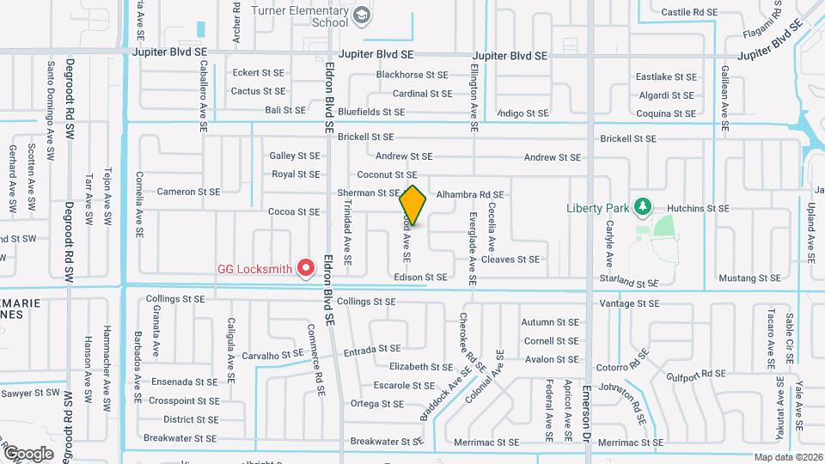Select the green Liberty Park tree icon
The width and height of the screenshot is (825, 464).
tap(641, 207)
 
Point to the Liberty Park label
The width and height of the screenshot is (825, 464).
tap(598, 208)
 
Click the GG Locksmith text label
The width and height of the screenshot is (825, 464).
tap(255, 269)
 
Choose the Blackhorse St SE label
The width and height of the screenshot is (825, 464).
tap(412, 76)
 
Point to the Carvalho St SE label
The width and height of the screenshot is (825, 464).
tap(272, 354)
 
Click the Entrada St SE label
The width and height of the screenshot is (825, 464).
tap(372, 350)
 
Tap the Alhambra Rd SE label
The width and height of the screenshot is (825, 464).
tap(469, 195)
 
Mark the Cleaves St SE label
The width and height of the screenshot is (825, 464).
tap(510, 259)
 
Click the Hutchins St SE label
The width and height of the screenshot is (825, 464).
tap(700, 208)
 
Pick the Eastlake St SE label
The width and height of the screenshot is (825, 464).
tap(664, 76)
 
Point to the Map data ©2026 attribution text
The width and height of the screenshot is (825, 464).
tap(788, 458)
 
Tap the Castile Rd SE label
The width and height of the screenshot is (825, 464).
tap(689, 11)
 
